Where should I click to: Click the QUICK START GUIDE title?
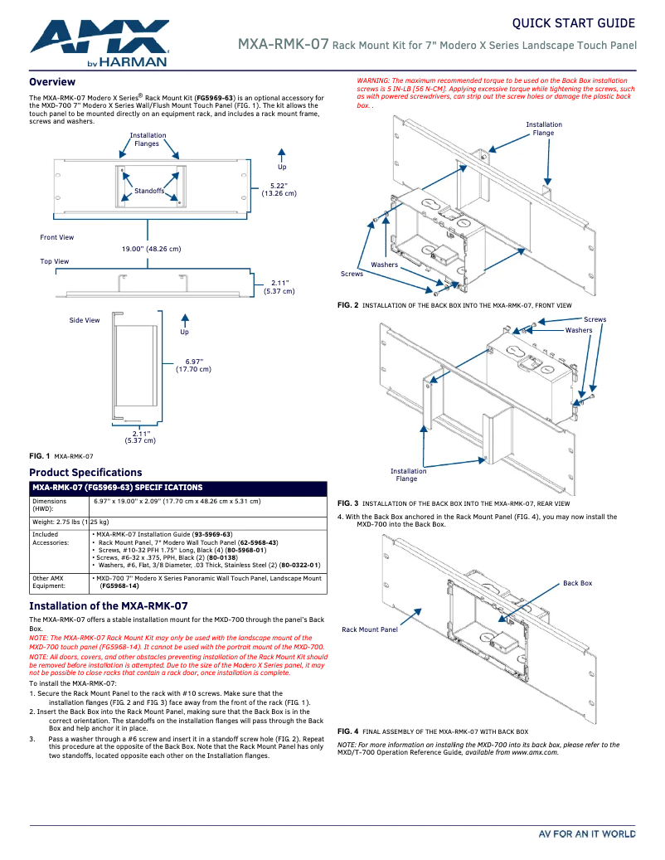click(573, 22)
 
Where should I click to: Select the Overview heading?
click(52, 82)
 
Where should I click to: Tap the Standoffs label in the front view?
click(149, 192)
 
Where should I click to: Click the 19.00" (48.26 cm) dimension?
click(151, 249)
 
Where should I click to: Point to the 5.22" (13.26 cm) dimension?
click(279, 189)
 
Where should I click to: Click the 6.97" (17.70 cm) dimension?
click(193, 365)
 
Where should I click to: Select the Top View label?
click(55, 261)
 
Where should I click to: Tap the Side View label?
click(85, 320)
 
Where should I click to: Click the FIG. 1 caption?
click(61, 456)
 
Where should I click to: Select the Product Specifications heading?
click(85, 473)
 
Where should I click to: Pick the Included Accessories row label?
click(51, 538)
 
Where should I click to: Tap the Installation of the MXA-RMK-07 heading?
click(108, 606)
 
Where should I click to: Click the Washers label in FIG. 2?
click(384, 265)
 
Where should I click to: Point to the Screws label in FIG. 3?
click(595, 319)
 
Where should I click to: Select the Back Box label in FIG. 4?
click(577, 583)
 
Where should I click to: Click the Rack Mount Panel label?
click(369, 629)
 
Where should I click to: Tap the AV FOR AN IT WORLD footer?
click(586, 834)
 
